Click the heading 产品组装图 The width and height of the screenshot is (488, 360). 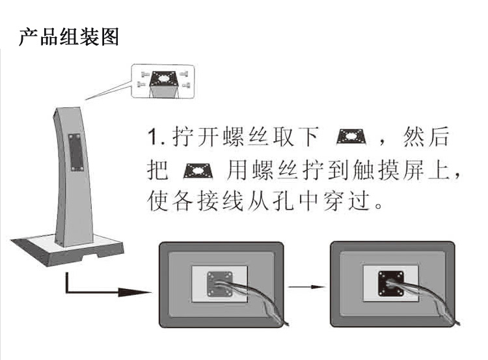click(69, 36)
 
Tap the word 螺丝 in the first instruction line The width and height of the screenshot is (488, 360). click(251, 139)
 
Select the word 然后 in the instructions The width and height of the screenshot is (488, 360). click(429, 139)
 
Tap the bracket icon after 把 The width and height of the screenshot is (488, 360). click(197, 172)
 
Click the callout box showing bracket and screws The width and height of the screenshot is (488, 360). click(163, 81)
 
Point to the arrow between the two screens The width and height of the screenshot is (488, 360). click(306, 285)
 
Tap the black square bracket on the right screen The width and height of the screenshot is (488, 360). click(390, 284)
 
